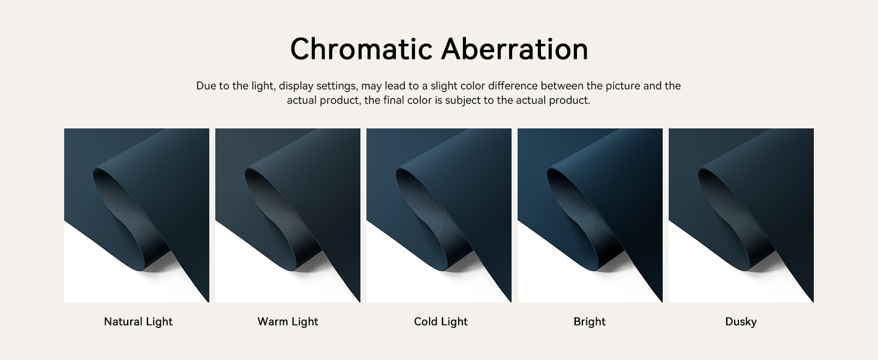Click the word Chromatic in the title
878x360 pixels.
[x=362, y=49]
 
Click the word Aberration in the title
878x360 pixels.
[x=515, y=49]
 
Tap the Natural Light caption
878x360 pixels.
[x=138, y=322]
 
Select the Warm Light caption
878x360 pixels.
[x=288, y=322]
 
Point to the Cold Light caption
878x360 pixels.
[x=441, y=322]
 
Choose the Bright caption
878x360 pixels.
[x=590, y=322]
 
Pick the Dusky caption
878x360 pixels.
[x=741, y=322]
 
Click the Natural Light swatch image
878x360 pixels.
[x=137, y=215]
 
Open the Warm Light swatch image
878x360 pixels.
[x=288, y=215]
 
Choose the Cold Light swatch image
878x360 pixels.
[x=439, y=215]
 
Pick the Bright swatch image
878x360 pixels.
[x=590, y=215]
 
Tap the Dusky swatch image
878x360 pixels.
[x=741, y=215]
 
